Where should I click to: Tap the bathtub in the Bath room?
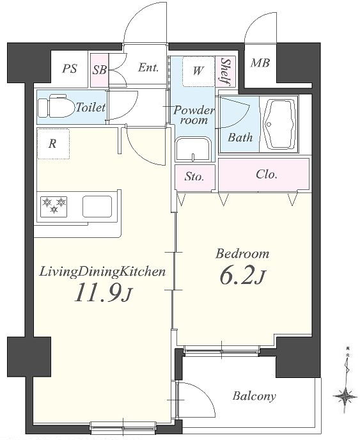pos(279,124)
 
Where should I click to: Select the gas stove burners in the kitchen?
pos(54,207)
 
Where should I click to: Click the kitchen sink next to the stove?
pos(97,207)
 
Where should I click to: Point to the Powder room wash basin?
pos(193,149)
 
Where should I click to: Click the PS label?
pos(70,68)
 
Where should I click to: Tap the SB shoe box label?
pos(100,70)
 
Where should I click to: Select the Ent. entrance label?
pos(148,68)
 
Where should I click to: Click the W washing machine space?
pos(198,71)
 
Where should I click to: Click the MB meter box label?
pos(260,63)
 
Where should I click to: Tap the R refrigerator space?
pos(53,144)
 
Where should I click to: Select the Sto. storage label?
pos(194,177)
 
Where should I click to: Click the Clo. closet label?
pos(267,175)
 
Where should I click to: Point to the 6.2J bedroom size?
pos(242,275)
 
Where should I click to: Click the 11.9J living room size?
pos(103,292)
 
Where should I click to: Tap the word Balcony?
pos(254,397)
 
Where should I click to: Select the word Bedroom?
pos(242,253)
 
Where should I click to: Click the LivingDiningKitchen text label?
pos(102,272)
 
